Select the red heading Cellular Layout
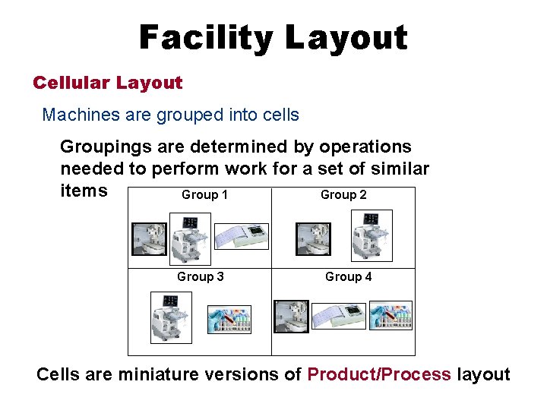(107, 83)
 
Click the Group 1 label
(204, 195)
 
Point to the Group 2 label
(343, 195)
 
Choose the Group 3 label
(200, 277)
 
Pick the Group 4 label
(348, 277)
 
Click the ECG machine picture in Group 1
(242, 236)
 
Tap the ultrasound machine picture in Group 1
(188, 238)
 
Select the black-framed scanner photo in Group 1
(149, 238)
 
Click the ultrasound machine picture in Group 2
(372, 235)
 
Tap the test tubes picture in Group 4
(390, 315)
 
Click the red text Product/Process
(378, 374)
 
